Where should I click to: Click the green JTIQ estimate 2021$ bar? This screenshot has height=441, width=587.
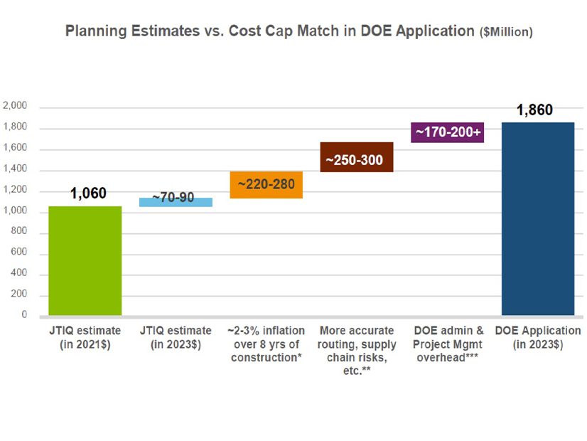coord(85,260)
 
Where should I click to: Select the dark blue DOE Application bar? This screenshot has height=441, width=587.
coord(538,218)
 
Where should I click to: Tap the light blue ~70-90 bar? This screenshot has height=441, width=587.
coord(176,202)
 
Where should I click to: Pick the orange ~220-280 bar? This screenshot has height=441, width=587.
coord(266,185)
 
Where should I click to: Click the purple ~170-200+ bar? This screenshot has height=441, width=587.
coord(447,132)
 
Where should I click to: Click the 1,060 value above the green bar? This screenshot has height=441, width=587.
coord(88,193)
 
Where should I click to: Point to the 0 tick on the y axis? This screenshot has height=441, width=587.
coord(23,315)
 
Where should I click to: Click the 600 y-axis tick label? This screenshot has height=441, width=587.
coord(18,253)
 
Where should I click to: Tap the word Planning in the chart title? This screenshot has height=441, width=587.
coord(90,31)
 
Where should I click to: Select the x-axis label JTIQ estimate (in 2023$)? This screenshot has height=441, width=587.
coord(176,338)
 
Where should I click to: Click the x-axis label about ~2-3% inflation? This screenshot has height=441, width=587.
coord(266,344)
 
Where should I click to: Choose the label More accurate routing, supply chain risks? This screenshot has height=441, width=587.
coord(357,351)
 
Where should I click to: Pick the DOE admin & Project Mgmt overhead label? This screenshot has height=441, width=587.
coord(447,344)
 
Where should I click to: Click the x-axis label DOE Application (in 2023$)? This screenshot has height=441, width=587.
coord(538,338)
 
